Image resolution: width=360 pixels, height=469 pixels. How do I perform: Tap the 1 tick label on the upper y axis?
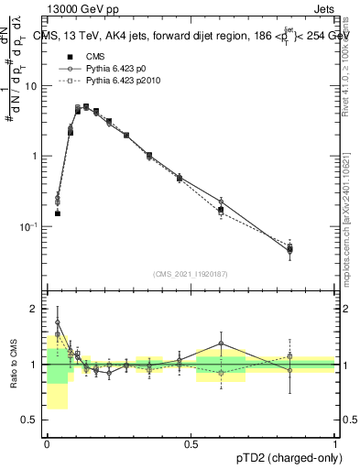[x=35, y=156]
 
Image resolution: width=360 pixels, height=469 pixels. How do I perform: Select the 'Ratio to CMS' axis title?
[x=11, y=365]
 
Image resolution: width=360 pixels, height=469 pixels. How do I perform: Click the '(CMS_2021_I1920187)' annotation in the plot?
[x=191, y=274]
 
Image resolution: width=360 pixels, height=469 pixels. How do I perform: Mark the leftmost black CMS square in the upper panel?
[x=57, y=213]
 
